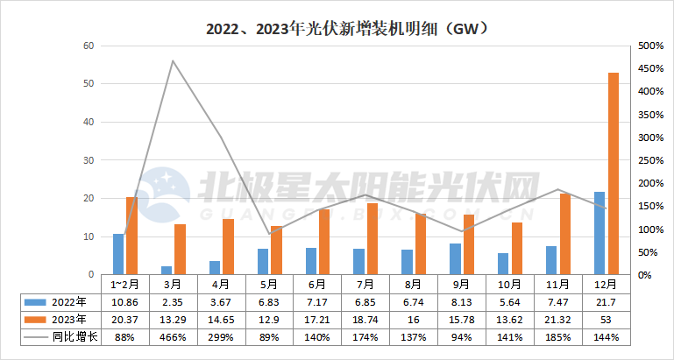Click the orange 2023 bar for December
pyautogui.click(x=613, y=173)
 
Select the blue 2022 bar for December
pyautogui.click(x=600, y=233)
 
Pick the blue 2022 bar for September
pyautogui.click(x=455, y=259)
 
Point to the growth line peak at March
pyautogui.click(x=173, y=60)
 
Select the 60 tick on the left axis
pyautogui.click(x=88, y=46)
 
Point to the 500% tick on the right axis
pyautogui.click(x=649, y=46)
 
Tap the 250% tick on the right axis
pyautogui.click(x=649, y=160)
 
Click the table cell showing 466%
pyautogui.click(x=173, y=335)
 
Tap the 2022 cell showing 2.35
pyautogui.click(x=173, y=300)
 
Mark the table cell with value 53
pyautogui.click(x=607, y=318)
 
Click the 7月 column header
pyautogui.click(x=365, y=284)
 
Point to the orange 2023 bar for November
pyautogui.click(x=564, y=234)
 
